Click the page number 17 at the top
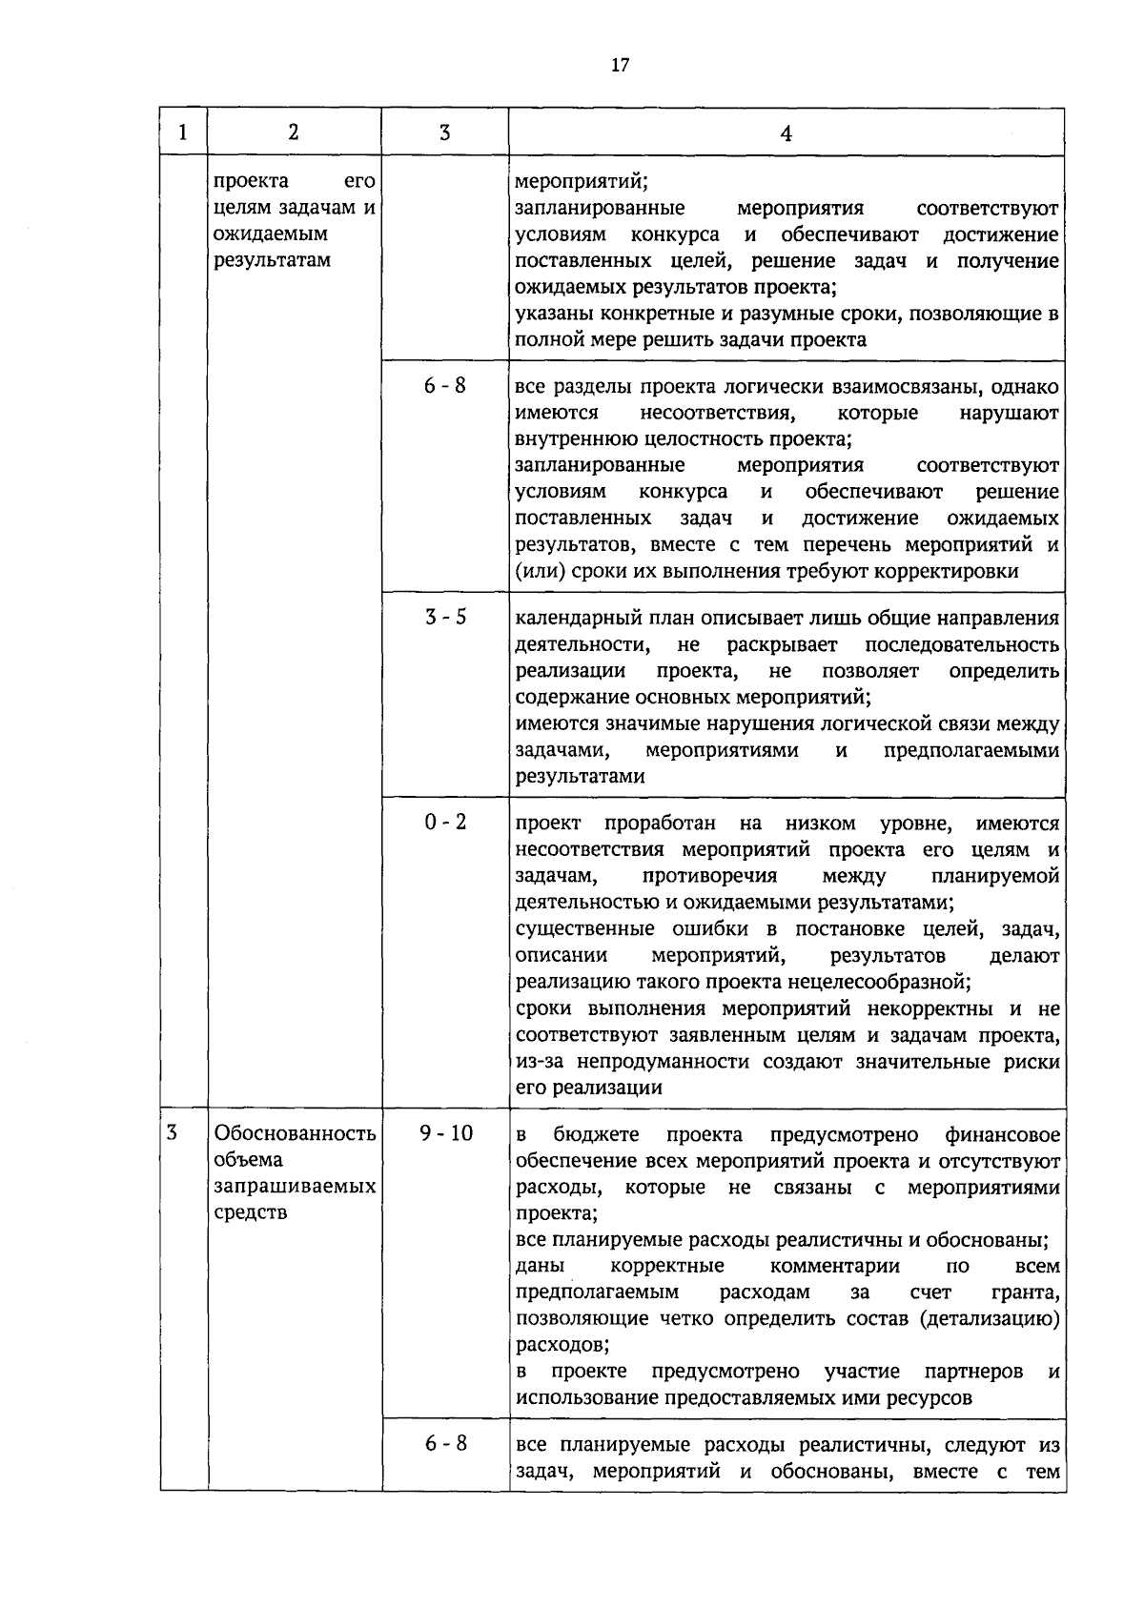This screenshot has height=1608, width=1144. point(620,66)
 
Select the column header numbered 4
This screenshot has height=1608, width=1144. point(786,133)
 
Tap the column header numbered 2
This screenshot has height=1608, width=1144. point(293,132)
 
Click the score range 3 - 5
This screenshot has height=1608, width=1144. point(445,617)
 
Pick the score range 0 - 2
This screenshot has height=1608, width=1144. point(445,822)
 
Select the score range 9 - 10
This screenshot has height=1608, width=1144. point(445,1133)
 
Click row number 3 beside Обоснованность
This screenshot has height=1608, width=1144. point(172,1133)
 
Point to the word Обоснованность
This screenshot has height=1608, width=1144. point(296,1133)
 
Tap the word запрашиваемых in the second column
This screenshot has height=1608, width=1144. point(296,1187)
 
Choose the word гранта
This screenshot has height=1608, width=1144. point(1028,1293)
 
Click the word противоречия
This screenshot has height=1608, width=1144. point(710,876)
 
